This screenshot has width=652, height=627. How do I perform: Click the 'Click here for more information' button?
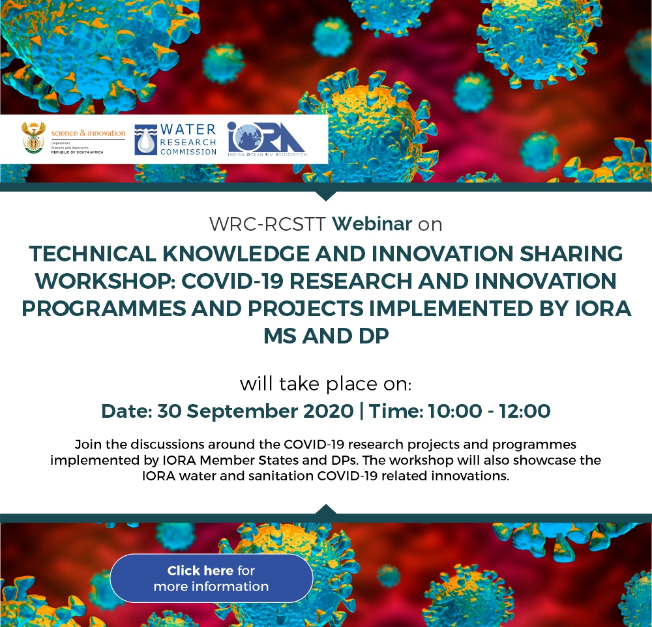pyautogui.click(x=211, y=578)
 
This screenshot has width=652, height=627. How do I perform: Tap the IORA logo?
pyautogui.click(x=267, y=139)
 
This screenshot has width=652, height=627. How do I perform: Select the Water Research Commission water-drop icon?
pyautogui.click(x=146, y=140)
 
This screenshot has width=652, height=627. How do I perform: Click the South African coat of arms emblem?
pyautogui.click(x=34, y=138)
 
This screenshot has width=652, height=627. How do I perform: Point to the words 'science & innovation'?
pyautogui.click(x=88, y=133)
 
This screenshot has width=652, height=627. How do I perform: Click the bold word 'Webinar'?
pyautogui.click(x=372, y=224)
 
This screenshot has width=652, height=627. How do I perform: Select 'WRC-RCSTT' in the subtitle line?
pyautogui.click(x=267, y=224)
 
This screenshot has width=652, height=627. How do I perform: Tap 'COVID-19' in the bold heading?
pyautogui.click(x=232, y=281)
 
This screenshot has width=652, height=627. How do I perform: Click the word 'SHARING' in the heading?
pyautogui.click(x=571, y=254)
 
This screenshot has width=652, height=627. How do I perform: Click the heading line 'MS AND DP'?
pyautogui.click(x=326, y=336)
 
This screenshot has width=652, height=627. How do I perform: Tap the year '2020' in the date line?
pyautogui.click(x=329, y=411)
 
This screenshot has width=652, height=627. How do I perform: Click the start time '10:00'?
pyautogui.click(x=454, y=411)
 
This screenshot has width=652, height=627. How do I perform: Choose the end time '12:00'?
pyautogui.click(x=525, y=411)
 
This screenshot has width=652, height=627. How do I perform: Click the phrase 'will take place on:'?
pyautogui.click(x=326, y=383)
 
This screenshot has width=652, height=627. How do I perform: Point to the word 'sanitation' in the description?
pyautogui.click(x=280, y=476)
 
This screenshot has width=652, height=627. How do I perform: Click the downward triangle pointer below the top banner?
pyautogui.click(x=326, y=196)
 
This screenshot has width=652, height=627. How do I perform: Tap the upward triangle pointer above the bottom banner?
pyautogui.click(x=326, y=509)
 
